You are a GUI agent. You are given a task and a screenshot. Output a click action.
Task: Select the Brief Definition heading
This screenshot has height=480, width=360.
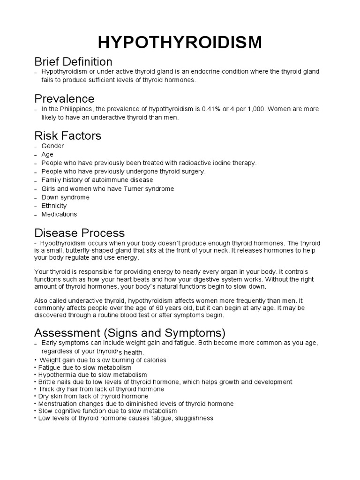(x=74, y=61)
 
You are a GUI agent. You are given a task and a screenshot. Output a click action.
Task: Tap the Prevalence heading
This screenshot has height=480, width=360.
(x=65, y=98)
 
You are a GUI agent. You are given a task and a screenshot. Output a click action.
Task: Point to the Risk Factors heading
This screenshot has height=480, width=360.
(x=68, y=135)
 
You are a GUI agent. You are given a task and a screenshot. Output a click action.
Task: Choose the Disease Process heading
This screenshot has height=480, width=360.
(x=80, y=232)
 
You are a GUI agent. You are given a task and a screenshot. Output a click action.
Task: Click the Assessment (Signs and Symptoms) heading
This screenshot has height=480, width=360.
(x=130, y=333)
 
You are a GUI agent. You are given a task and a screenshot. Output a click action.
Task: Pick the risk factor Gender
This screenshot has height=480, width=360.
(x=52, y=146)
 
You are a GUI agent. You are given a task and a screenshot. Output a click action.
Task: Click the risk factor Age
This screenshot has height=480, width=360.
(x=47, y=155)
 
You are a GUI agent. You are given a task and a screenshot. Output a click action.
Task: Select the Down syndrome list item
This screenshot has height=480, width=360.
(x=66, y=197)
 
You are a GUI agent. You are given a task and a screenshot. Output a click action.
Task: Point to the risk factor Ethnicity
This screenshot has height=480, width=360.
(x=54, y=206)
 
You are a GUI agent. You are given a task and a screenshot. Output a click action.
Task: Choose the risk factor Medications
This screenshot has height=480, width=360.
(x=59, y=214)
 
